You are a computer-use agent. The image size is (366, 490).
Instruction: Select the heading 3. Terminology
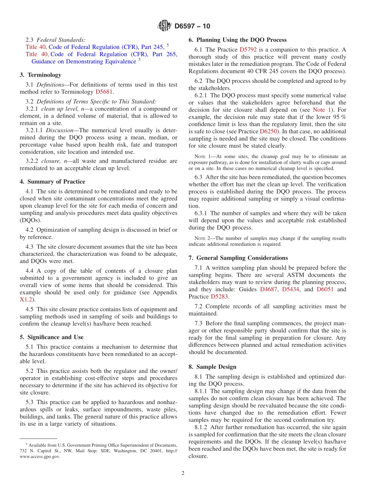click(x=40, y=75)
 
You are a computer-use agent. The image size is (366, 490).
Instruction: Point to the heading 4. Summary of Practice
click(x=52, y=181)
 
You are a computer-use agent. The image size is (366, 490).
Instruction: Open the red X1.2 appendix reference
click(x=26, y=299)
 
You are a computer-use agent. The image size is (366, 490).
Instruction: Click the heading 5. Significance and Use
click(x=52, y=337)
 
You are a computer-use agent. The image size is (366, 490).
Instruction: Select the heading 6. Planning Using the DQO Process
click(x=237, y=40)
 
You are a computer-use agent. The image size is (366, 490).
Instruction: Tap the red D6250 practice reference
click(x=269, y=131)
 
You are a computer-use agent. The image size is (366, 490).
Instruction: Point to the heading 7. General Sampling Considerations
click(x=238, y=258)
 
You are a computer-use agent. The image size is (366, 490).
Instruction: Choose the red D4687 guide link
click(x=268, y=289)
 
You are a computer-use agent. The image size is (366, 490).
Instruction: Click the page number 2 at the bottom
click(x=183, y=473)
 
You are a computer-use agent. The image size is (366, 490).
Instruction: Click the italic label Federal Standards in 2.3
click(x=61, y=40)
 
